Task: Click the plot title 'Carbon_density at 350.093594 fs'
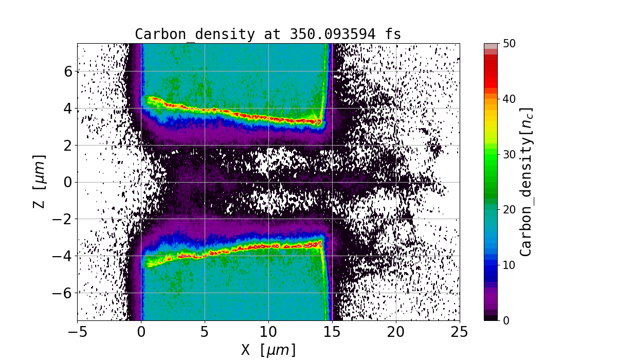pos(268,34)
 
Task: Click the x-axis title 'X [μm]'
pos(268,350)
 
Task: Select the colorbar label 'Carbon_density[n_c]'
pos(525,182)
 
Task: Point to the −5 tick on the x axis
pos(78,332)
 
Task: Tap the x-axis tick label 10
pos(268,332)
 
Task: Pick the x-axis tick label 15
pos(332,332)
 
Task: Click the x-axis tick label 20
pos(396,332)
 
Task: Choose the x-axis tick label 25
pos(460,332)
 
